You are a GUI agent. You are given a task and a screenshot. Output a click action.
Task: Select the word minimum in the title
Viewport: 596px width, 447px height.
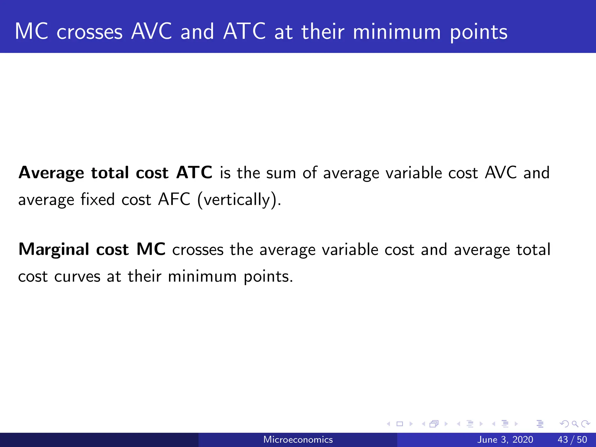pyautogui.click(x=397, y=32)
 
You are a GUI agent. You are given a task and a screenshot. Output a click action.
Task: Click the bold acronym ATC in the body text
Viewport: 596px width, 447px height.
pyautogui.click(x=194, y=172)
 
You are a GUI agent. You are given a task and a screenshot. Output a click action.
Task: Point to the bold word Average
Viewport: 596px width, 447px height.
pyautogui.click(x=51, y=173)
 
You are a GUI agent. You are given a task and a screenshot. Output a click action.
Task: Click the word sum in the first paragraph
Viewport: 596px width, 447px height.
pyautogui.click(x=281, y=173)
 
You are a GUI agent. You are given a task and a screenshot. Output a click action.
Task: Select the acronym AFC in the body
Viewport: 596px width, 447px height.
pyautogui.click(x=174, y=200)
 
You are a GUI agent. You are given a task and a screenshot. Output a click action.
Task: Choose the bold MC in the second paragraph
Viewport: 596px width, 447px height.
pyautogui.click(x=151, y=249)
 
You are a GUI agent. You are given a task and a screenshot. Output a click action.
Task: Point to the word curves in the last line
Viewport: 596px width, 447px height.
pyautogui.click(x=77, y=276)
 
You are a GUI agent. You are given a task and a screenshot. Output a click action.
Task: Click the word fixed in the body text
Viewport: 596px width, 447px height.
pyautogui.click(x=97, y=200)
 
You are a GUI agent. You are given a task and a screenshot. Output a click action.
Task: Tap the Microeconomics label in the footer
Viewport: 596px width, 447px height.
pyautogui.click(x=298, y=439)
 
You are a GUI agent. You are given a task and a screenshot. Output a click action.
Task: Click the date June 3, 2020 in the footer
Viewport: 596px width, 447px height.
pyautogui.click(x=505, y=439)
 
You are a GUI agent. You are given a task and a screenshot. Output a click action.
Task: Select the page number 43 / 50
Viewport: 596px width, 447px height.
pyautogui.click(x=572, y=439)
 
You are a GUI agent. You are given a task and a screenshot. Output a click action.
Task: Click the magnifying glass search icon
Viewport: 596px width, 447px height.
pyautogui.click(x=575, y=424)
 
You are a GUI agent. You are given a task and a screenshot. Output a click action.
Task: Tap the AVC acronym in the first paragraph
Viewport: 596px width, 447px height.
pyautogui.click(x=501, y=172)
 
